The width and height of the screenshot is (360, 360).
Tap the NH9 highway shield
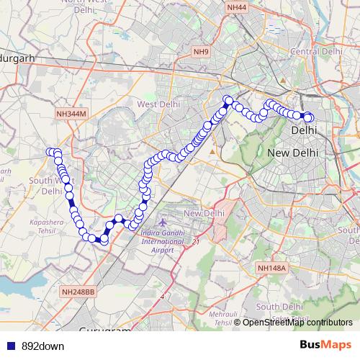point(200,52)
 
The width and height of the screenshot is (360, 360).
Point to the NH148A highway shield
point(271,268)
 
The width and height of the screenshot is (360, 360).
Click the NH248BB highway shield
point(78,292)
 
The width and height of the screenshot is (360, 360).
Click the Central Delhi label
point(315,51)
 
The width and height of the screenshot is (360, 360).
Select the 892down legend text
point(42,346)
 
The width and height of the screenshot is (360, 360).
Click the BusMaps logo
point(325,346)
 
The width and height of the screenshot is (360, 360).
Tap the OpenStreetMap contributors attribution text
point(297,323)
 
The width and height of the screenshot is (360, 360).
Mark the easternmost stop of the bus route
point(310,117)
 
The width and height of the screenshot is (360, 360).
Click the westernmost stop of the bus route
point(51,152)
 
